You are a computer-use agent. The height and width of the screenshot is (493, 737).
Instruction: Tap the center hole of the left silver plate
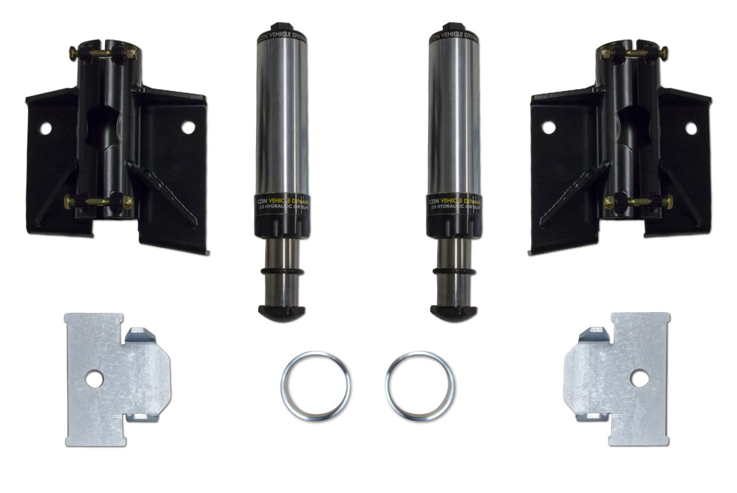click(94, 379)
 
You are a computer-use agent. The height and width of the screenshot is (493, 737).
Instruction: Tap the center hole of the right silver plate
click(639, 379)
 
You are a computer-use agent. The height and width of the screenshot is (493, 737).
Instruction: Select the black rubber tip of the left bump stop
click(282, 312)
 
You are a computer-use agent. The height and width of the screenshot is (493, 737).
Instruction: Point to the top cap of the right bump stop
click(455, 31)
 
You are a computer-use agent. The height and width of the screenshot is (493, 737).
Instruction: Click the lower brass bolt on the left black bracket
click(98, 202)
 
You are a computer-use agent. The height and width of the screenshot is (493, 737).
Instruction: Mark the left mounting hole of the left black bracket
click(45, 128)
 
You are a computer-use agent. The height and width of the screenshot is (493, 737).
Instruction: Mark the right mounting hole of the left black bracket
click(188, 127)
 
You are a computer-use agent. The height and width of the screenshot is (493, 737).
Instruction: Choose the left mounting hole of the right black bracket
click(548, 127)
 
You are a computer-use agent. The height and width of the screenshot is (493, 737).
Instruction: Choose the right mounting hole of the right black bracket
click(691, 128)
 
